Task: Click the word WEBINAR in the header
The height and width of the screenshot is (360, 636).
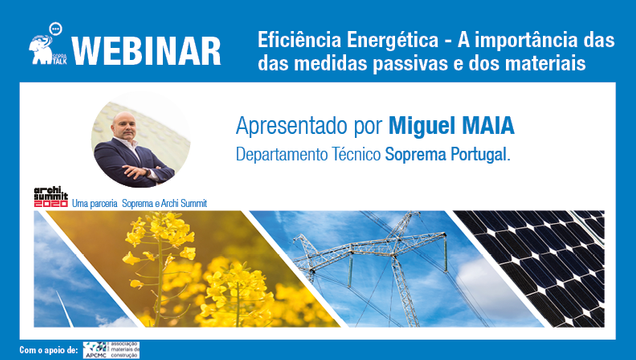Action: (147, 47)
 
